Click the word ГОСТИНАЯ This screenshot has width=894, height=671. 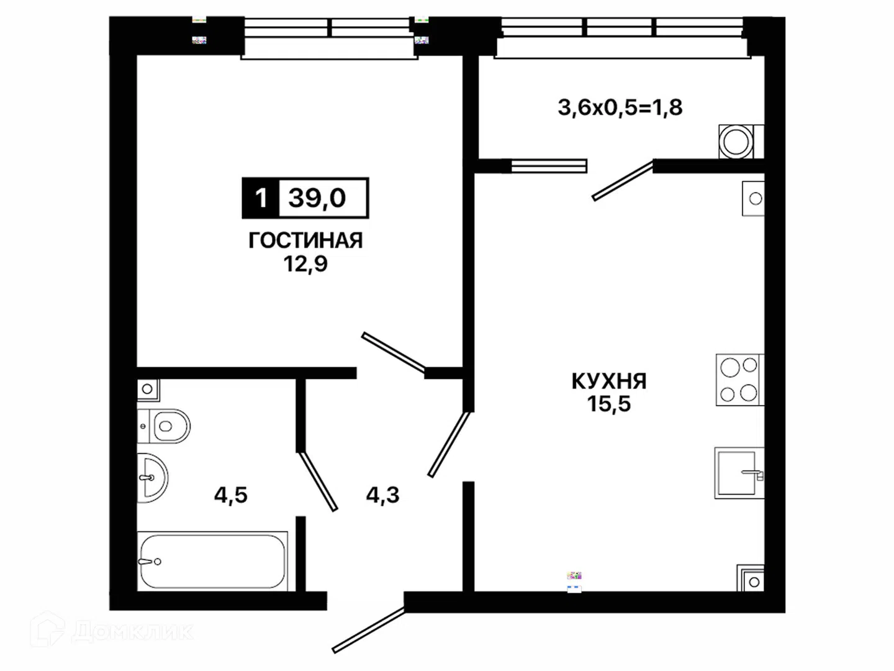(305, 240)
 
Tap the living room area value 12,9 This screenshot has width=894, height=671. (305, 264)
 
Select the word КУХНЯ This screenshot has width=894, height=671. (609, 381)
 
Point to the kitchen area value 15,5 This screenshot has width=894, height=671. (609, 404)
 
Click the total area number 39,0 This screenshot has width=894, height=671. (317, 198)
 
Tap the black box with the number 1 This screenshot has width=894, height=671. (261, 198)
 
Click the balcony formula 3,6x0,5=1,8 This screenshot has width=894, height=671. (620, 107)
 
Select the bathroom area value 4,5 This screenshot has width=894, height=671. (231, 495)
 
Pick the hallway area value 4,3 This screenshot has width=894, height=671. (382, 495)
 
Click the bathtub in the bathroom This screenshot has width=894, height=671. (212, 562)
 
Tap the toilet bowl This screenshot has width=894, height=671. (164, 426)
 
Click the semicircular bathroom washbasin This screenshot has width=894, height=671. (152, 478)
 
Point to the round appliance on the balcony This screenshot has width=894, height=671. (736, 142)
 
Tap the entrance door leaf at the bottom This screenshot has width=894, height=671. (369, 630)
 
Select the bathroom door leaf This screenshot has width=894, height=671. (317, 481)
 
